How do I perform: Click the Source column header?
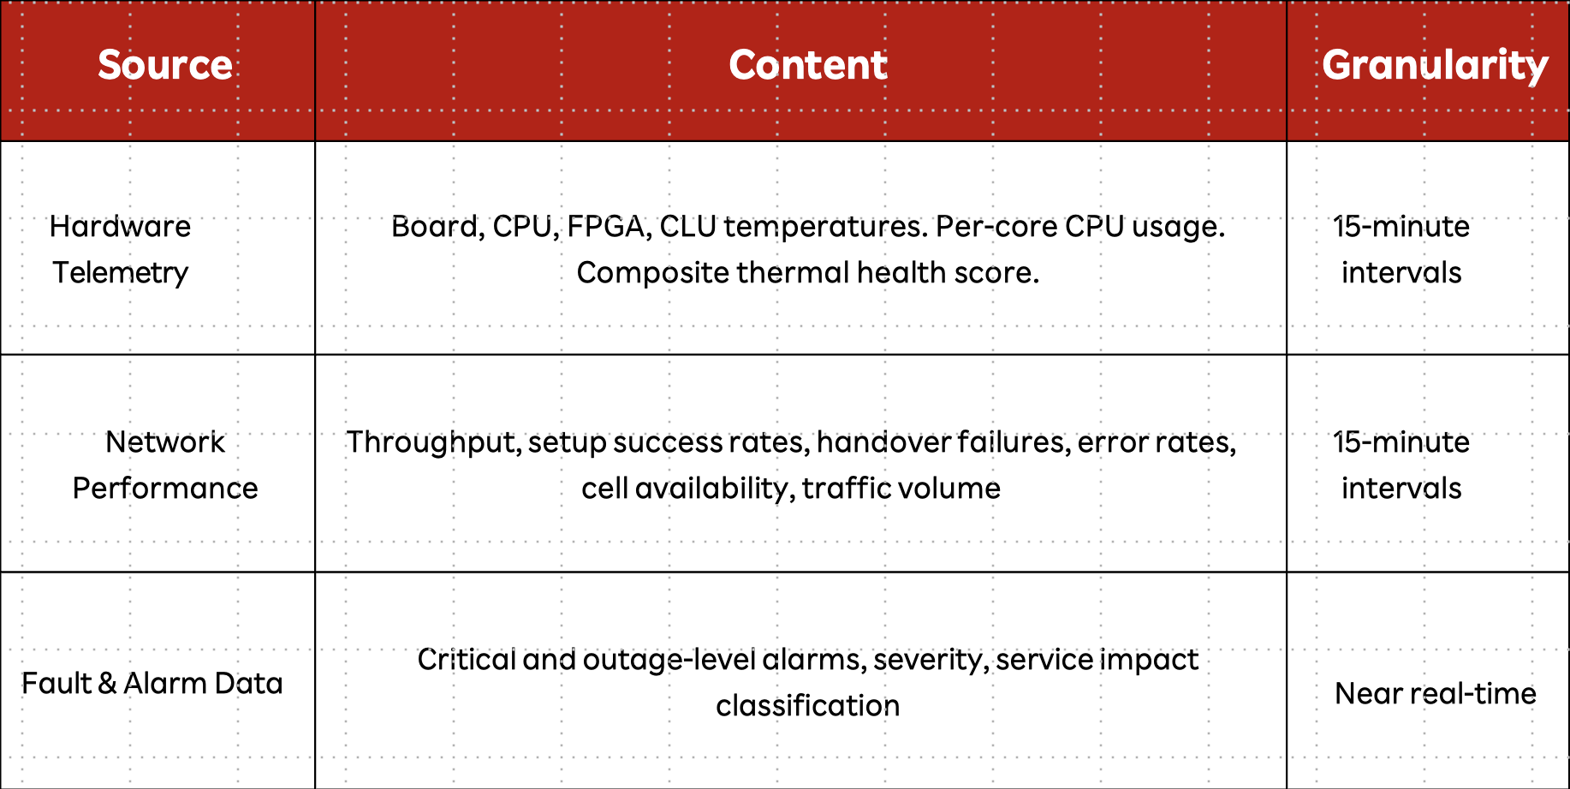165,65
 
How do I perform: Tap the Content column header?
808,65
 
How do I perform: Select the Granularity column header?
1435,66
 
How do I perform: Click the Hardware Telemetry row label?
121,249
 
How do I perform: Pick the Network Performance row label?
165,465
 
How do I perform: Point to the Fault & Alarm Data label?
152,683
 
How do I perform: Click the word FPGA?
606,227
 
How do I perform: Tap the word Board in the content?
437,227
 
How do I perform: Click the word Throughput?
433,442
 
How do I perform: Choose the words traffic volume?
901,489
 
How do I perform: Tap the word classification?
808,706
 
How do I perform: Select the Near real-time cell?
1436,693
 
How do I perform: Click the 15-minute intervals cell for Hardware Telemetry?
1401,249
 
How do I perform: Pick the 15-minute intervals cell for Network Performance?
1401,465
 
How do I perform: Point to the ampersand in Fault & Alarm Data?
107,683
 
